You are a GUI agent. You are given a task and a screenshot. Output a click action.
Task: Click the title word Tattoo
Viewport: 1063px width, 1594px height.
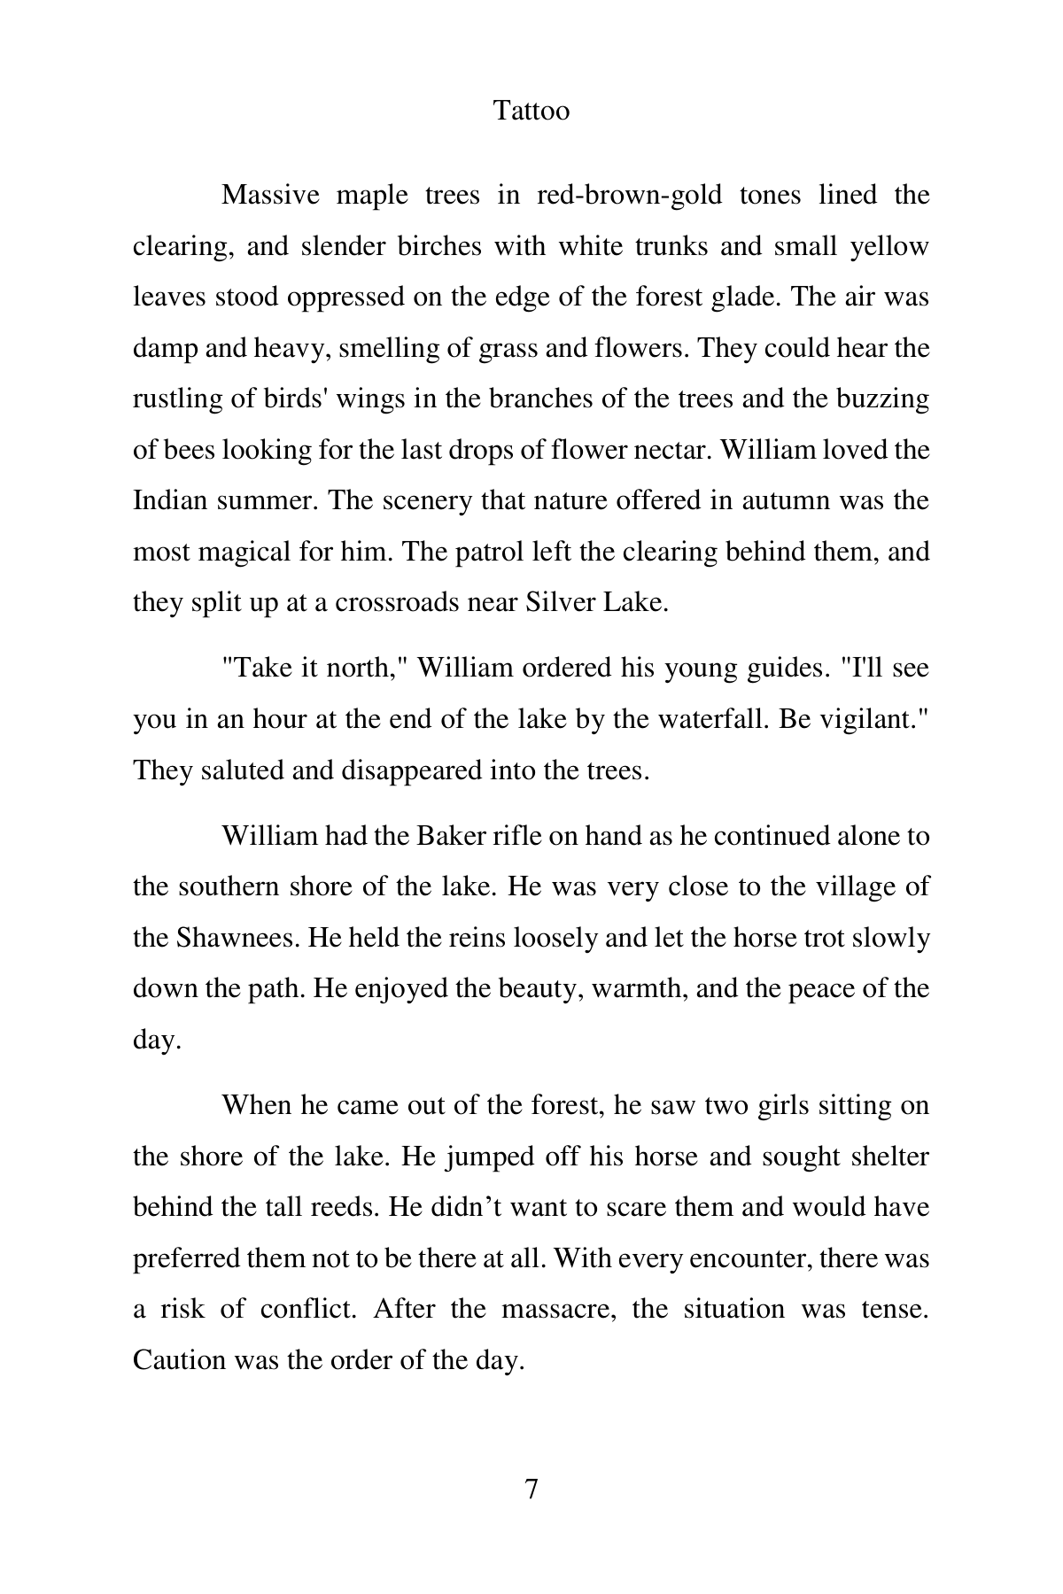(x=531, y=111)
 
